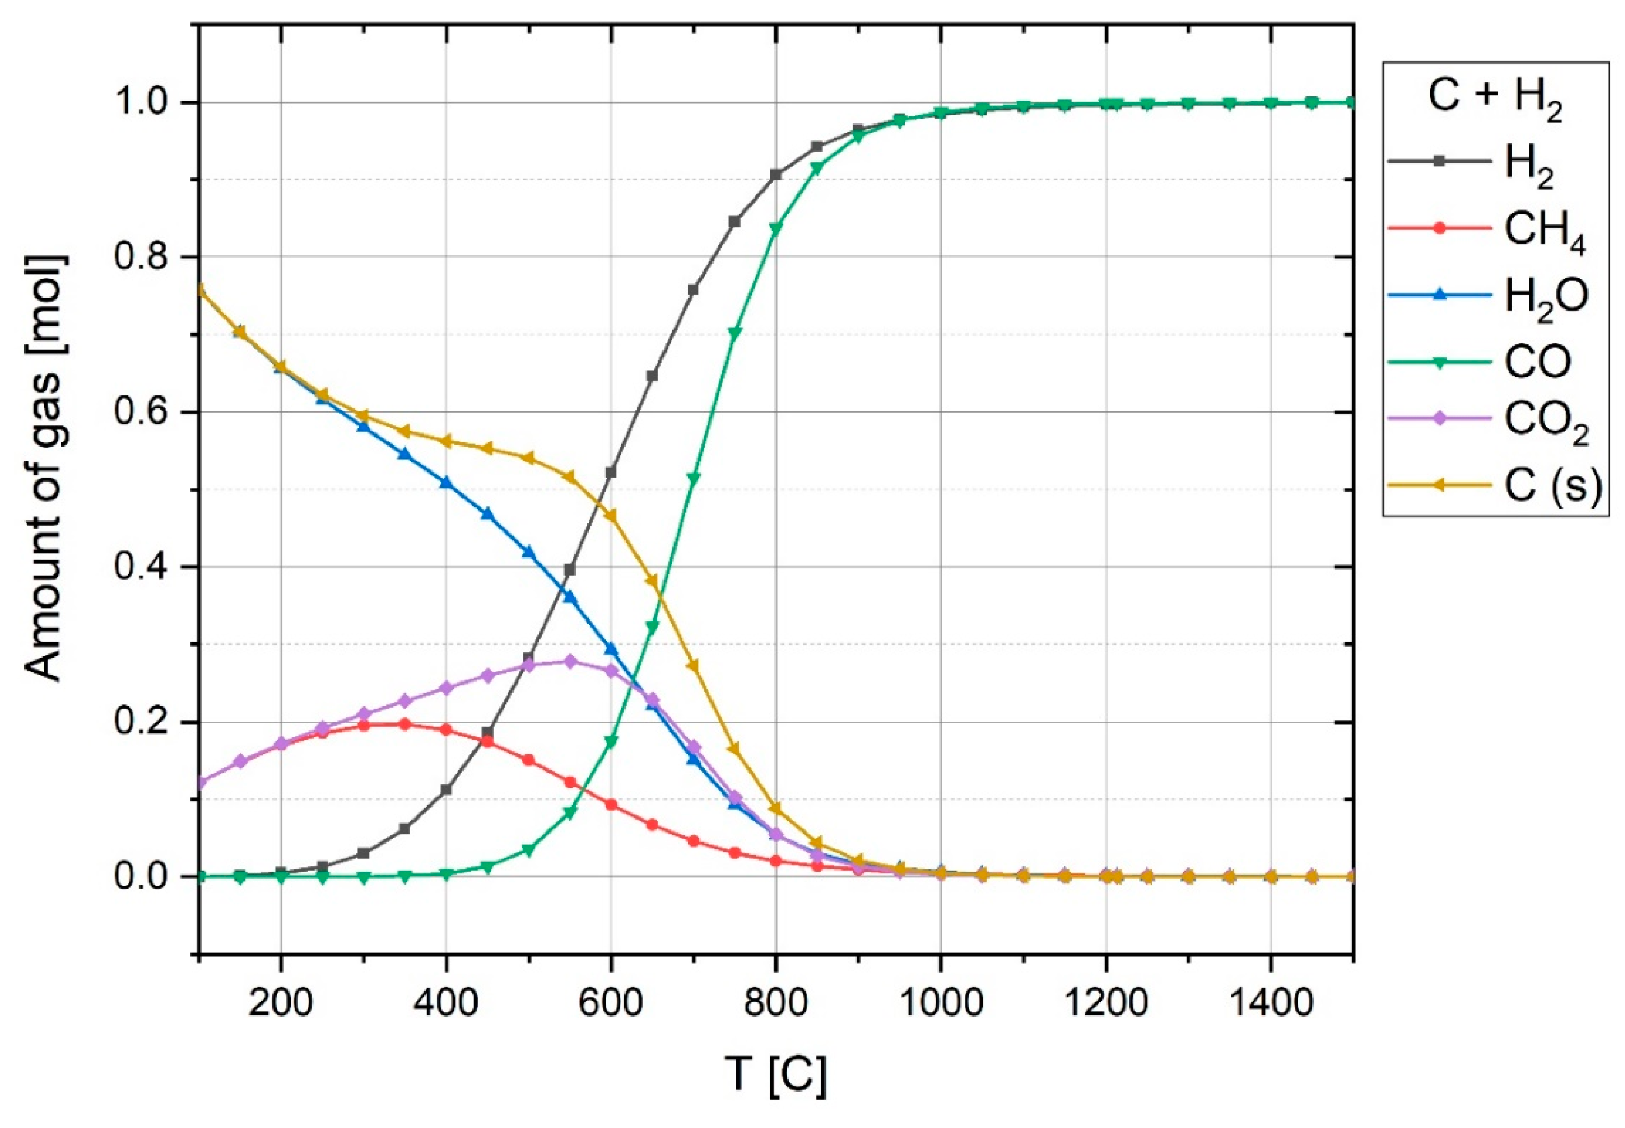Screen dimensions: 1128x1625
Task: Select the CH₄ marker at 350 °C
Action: point(405,724)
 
